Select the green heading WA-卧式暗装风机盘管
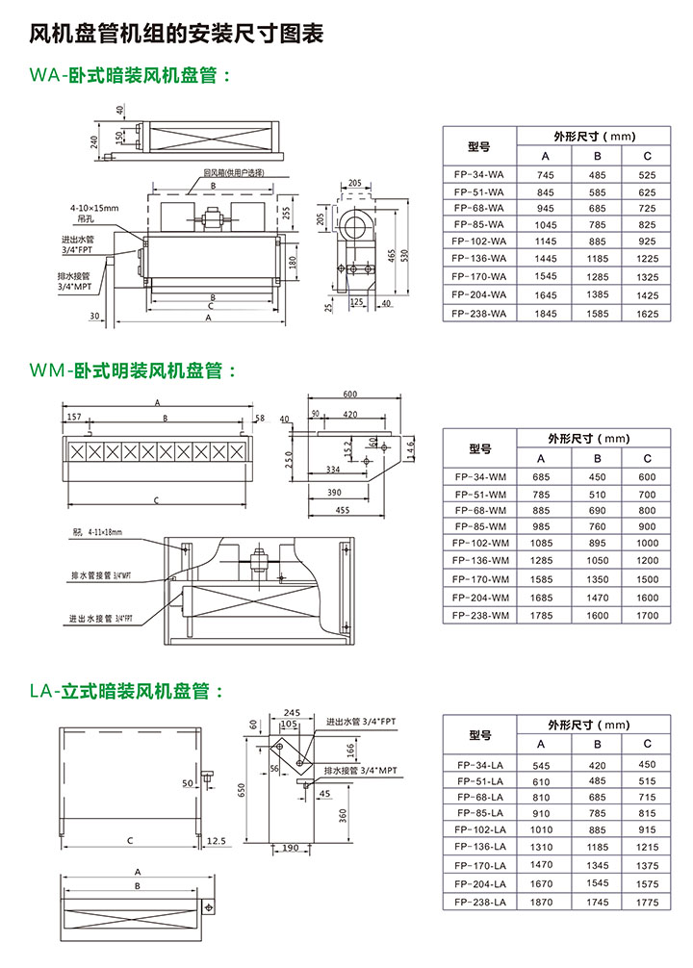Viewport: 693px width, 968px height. pos(129,76)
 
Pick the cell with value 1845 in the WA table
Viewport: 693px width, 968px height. pos(546,314)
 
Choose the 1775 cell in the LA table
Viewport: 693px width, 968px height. pos(647,902)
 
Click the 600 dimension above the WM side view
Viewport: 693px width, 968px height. pos(349,394)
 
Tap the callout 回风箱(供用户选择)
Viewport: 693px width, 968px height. pos(233,173)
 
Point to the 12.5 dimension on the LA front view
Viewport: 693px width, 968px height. pos(217,840)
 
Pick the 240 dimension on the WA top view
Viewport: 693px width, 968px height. pos(94,141)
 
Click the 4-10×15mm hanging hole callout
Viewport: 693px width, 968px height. pos(93,208)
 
